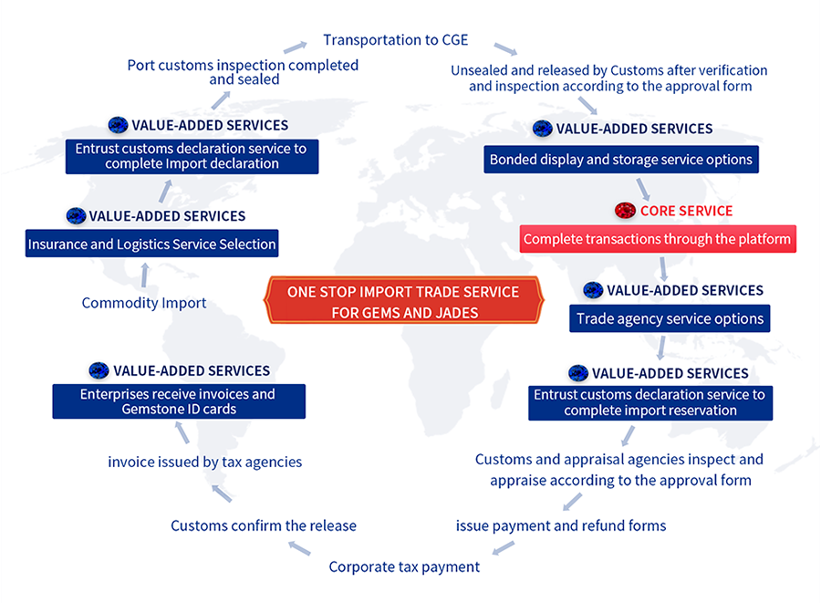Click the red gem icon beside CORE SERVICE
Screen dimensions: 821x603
coord(625,211)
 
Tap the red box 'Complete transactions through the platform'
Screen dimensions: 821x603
coord(658,239)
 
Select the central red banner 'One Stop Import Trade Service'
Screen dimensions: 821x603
coord(404,300)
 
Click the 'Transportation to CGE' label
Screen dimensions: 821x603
coord(395,40)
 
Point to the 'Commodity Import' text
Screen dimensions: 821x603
coord(144,303)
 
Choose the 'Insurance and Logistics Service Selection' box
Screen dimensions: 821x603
coord(151,244)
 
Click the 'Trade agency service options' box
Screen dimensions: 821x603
coord(670,318)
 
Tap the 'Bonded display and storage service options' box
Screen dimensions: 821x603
coord(621,159)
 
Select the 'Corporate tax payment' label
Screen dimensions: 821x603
coord(404,567)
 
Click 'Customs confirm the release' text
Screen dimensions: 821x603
coord(264,525)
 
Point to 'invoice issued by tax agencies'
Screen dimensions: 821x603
coord(204,462)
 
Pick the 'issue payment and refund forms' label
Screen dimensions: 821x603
coord(561,525)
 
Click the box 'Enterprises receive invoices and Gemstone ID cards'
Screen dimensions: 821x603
coord(179,401)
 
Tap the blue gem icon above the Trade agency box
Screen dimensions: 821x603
coord(593,290)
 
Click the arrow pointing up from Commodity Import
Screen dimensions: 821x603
coord(144,276)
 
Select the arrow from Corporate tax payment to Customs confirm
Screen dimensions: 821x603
coord(299,548)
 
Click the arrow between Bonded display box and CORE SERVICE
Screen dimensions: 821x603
coord(643,190)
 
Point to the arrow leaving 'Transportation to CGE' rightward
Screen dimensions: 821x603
coord(505,49)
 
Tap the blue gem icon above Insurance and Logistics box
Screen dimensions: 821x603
coord(76,215)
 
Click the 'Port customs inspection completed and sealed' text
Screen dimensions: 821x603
coord(243,72)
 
